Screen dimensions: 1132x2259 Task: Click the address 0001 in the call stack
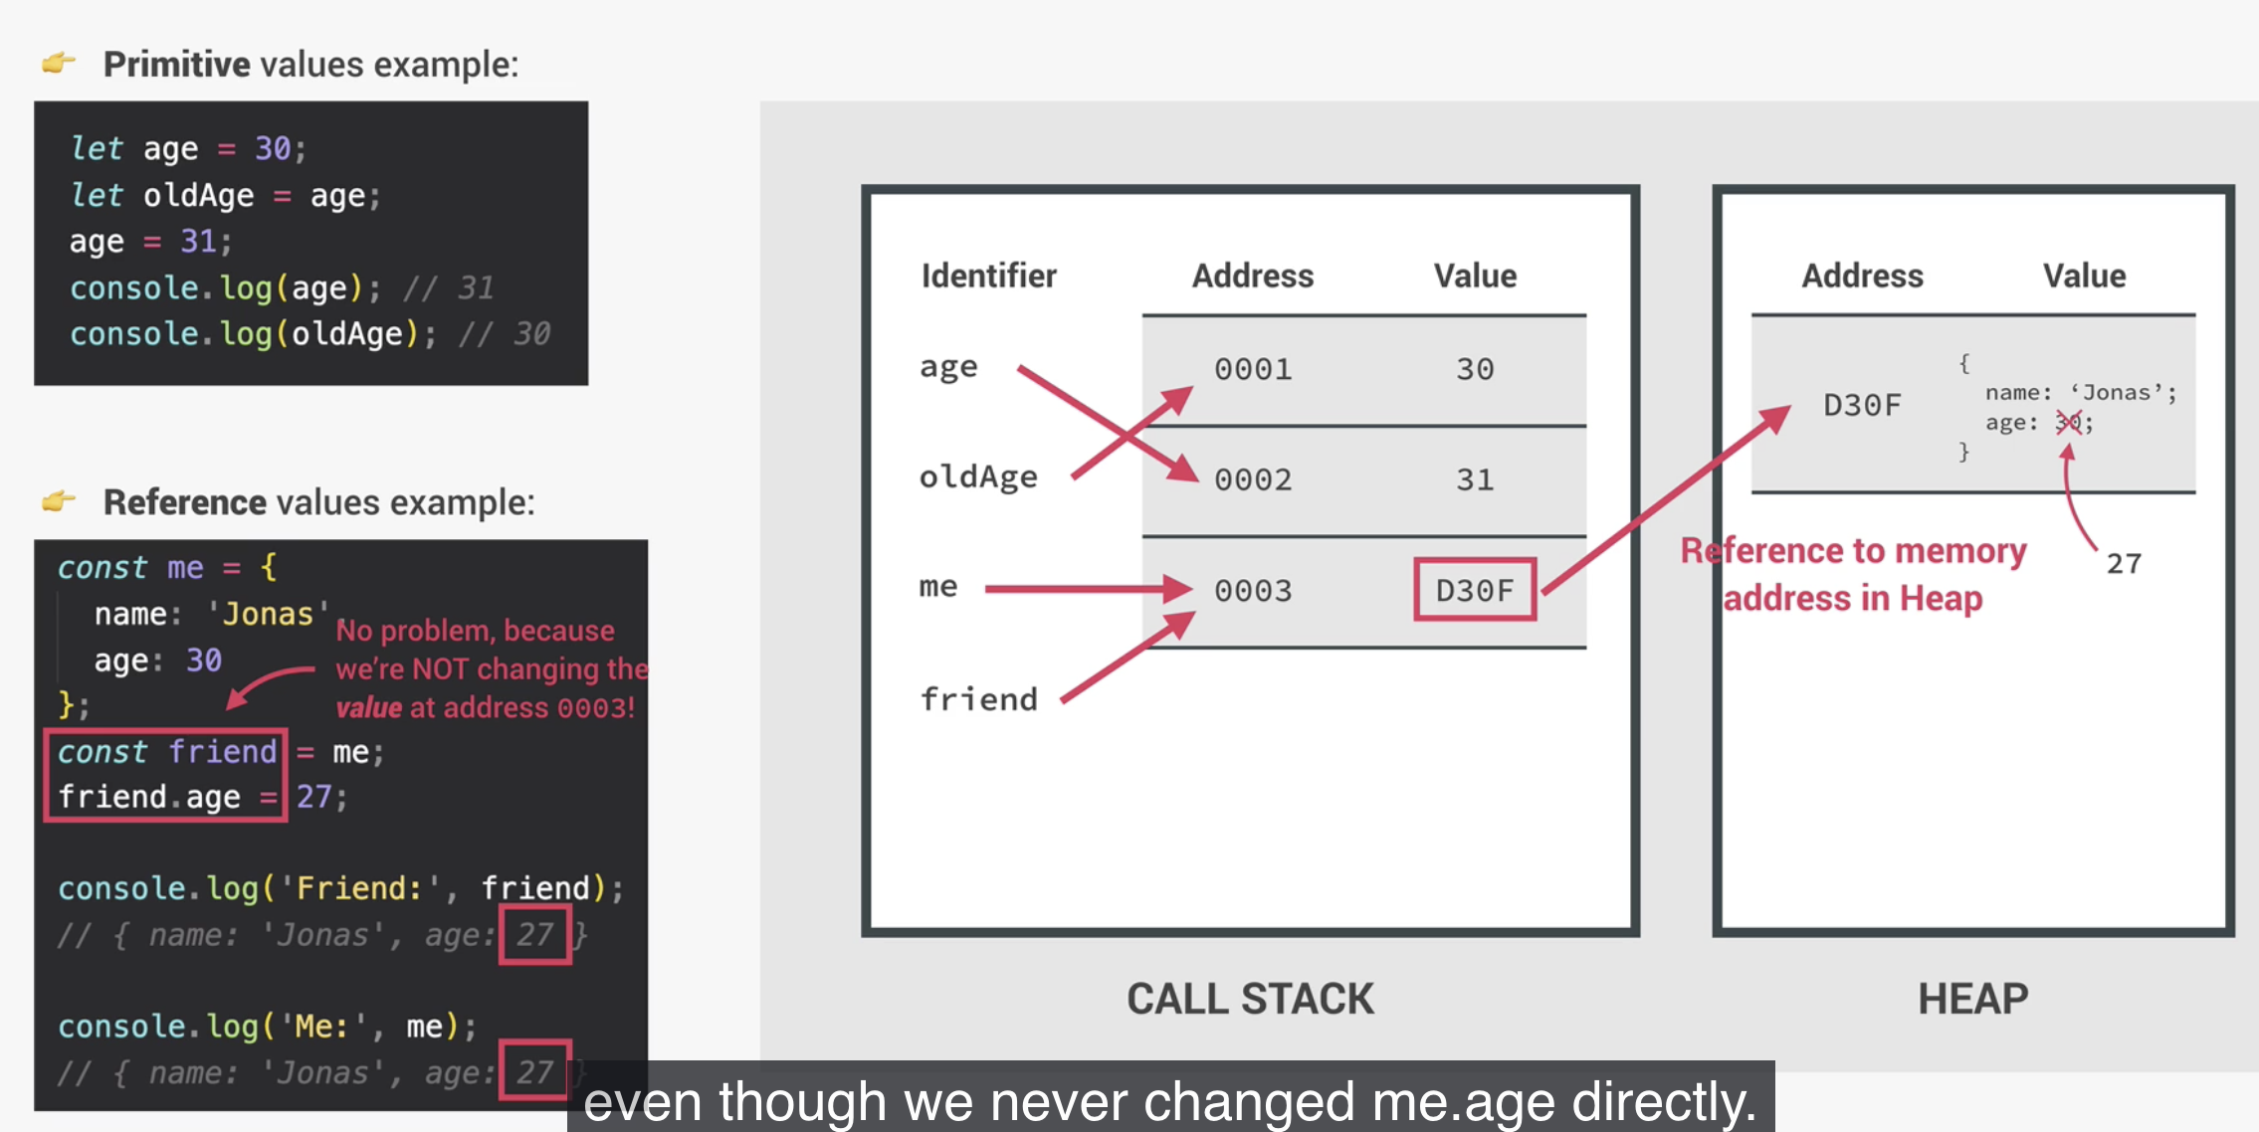click(1253, 370)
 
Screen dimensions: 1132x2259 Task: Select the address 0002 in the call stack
click(1253, 480)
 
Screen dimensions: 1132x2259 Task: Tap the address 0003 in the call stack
click(1253, 591)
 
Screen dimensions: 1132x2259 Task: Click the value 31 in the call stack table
click(1475, 480)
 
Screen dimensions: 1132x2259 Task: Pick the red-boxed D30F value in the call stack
click(1475, 591)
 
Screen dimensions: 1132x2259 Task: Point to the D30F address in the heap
click(1862, 405)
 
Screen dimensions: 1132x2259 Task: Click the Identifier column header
click(988, 276)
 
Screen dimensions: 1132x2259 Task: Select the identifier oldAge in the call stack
click(978, 477)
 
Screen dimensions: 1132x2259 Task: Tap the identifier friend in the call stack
click(978, 699)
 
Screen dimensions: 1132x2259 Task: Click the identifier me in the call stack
click(938, 587)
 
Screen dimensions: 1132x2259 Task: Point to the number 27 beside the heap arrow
click(2124, 564)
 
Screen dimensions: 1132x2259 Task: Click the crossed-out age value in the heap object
click(2069, 423)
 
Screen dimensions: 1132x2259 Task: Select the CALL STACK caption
click(1250, 999)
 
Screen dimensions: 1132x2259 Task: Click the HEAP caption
click(1972, 999)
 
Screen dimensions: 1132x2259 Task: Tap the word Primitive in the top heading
click(177, 65)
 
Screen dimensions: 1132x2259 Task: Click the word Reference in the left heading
click(185, 502)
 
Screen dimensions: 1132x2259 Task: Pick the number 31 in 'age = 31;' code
click(198, 242)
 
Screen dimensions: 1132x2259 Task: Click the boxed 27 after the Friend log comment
click(535, 934)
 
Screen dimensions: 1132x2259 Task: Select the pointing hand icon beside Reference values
click(59, 500)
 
